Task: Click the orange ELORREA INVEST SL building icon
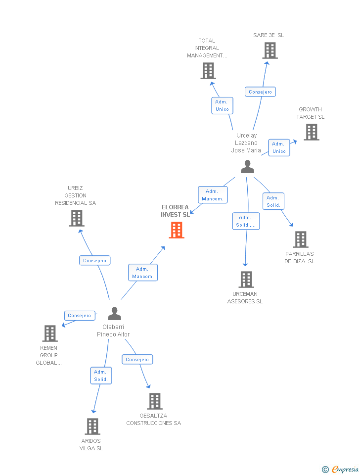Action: click(x=177, y=230)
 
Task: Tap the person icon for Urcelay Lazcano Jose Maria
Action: click(x=247, y=167)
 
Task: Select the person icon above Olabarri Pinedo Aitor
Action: click(x=114, y=314)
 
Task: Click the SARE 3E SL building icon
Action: click(x=270, y=50)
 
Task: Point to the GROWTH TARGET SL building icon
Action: click(x=311, y=132)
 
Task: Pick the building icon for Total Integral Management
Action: click(x=208, y=71)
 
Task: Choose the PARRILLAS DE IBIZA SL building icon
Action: click(x=300, y=239)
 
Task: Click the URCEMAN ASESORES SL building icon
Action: click(x=246, y=280)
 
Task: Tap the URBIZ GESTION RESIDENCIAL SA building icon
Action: click(x=76, y=218)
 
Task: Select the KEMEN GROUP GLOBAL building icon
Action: click(x=49, y=333)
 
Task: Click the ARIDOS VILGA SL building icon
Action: click(x=92, y=427)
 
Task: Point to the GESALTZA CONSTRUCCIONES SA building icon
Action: click(x=154, y=401)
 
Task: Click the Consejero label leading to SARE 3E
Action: click(x=260, y=92)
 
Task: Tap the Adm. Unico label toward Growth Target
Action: click(x=279, y=147)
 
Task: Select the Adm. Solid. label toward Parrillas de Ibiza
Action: click(x=273, y=201)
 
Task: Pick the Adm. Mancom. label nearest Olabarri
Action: click(x=143, y=273)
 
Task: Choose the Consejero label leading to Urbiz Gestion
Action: click(x=95, y=260)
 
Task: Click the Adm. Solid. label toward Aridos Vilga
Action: click(x=100, y=376)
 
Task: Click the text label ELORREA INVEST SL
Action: click(x=175, y=211)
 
